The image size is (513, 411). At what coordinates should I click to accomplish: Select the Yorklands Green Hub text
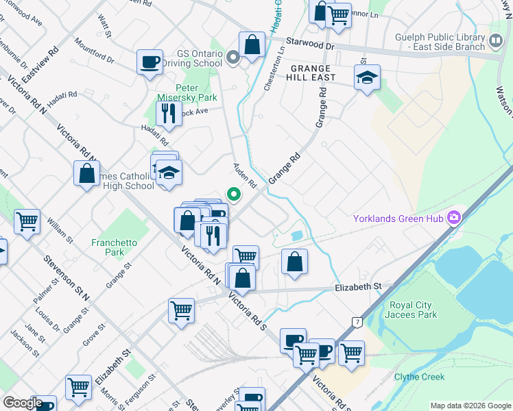pyautogui.click(x=397, y=219)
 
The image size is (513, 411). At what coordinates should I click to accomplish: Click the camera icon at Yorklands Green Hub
pyautogui.click(x=453, y=219)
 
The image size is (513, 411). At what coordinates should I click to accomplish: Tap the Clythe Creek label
pyautogui.click(x=419, y=377)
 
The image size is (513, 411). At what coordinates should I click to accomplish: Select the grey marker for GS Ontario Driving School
pyautogui.click(x=233, y=58)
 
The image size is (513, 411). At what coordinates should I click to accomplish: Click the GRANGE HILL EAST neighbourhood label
pyautogui.click(x=312, y=73)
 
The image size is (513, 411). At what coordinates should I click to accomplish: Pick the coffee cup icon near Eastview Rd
pyautogui.click(x=150, y=62)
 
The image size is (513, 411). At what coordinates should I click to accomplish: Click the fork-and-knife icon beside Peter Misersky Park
pyautogui.click(x=168, y=113)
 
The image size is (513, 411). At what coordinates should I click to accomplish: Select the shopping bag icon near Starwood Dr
pyautogui.click(x=252, y=45)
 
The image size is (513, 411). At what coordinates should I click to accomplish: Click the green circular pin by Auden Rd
pyautogui.click(x=234, y=195)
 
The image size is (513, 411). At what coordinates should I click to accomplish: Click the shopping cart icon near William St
pyautogui.click(x=27, y=221)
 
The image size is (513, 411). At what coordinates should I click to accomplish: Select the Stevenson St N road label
pyautogui.click(x=67, y=279)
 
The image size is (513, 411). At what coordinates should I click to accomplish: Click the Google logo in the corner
pyautogui.click(x=23, y=403)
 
